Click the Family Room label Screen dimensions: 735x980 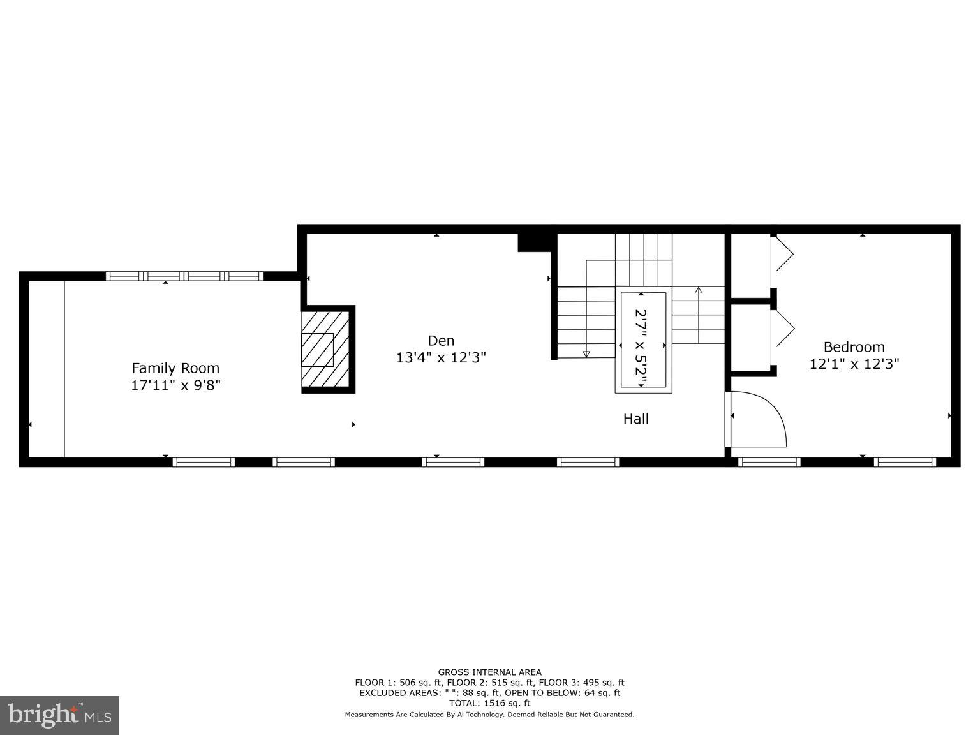pos(175,368)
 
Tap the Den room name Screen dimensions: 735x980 pos(441,341)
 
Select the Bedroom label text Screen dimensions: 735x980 pos(854,347)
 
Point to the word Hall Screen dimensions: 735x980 pos(635,419)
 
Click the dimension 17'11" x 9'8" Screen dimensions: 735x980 pos(175,385)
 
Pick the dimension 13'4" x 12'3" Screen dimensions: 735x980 pos(441,358)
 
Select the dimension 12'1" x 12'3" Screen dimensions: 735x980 pos(854,364)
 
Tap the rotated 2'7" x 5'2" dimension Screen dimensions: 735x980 pos(641,347)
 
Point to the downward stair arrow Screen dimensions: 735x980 pos(586,353)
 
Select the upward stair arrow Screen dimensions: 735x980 pos(698,291)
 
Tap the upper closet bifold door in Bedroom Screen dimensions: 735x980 pos(783,254)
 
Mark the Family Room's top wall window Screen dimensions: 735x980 pos(184,276)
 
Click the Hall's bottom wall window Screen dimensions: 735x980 pos(588,462)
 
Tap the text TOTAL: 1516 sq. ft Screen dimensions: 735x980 pos(489,703)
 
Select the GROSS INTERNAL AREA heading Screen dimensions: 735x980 pos(489,672)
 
